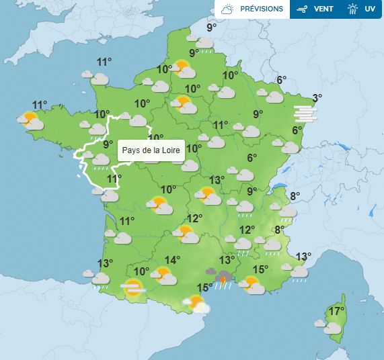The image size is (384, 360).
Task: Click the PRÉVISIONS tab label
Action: pyautogui.click(x=262, y=9)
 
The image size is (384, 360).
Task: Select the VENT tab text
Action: pyautogui.click(x=323, y=9)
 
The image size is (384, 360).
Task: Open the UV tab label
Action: pyautogui.click(x=370, y=9)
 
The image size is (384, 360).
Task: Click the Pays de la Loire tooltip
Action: pyautogui.click(x=151, y=150)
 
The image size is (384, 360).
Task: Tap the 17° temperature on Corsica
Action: pyautogui.click(x=337, y=311)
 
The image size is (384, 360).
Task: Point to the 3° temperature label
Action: pyautogui.click(x=317, y=97)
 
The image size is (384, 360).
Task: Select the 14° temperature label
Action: pyautogui.click(x=172, y=261)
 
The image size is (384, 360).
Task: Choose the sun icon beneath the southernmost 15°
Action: pyautogui.click(x=198, y=304)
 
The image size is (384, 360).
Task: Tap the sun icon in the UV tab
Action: pyautogui.click(x=352, y=9)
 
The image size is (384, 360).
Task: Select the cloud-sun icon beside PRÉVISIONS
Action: pyautogui.click(x=227, y=9)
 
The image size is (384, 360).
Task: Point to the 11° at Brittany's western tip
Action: pyautogui.click(x=40, y=105)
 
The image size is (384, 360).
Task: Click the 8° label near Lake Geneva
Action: pyautogui.click(x=295, y=196)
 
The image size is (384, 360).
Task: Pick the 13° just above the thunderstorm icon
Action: pyautogui.click(x=227, y=260)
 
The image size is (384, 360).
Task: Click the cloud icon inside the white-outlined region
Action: pyautogui.click(x=100, y=159)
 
